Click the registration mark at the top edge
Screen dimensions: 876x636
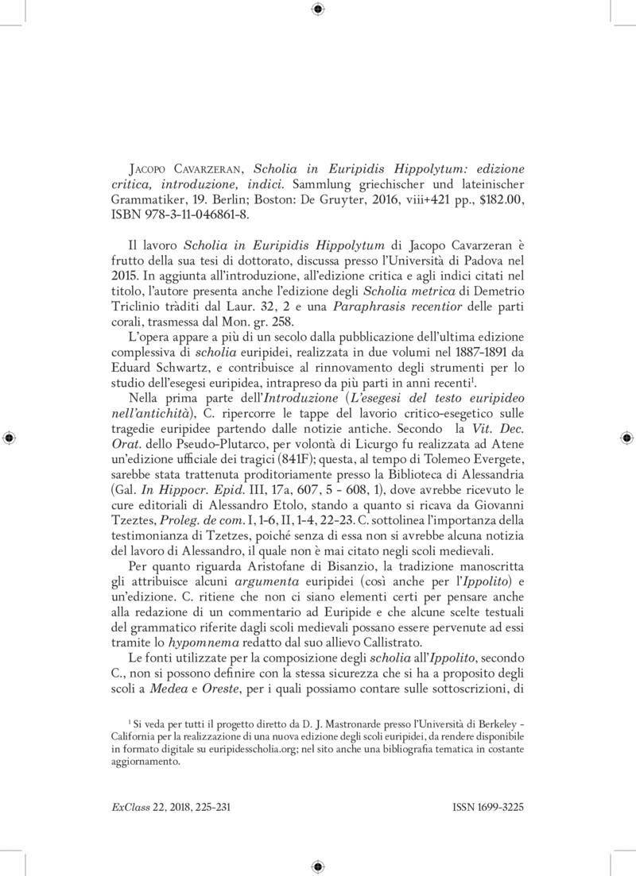click(317, 9)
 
